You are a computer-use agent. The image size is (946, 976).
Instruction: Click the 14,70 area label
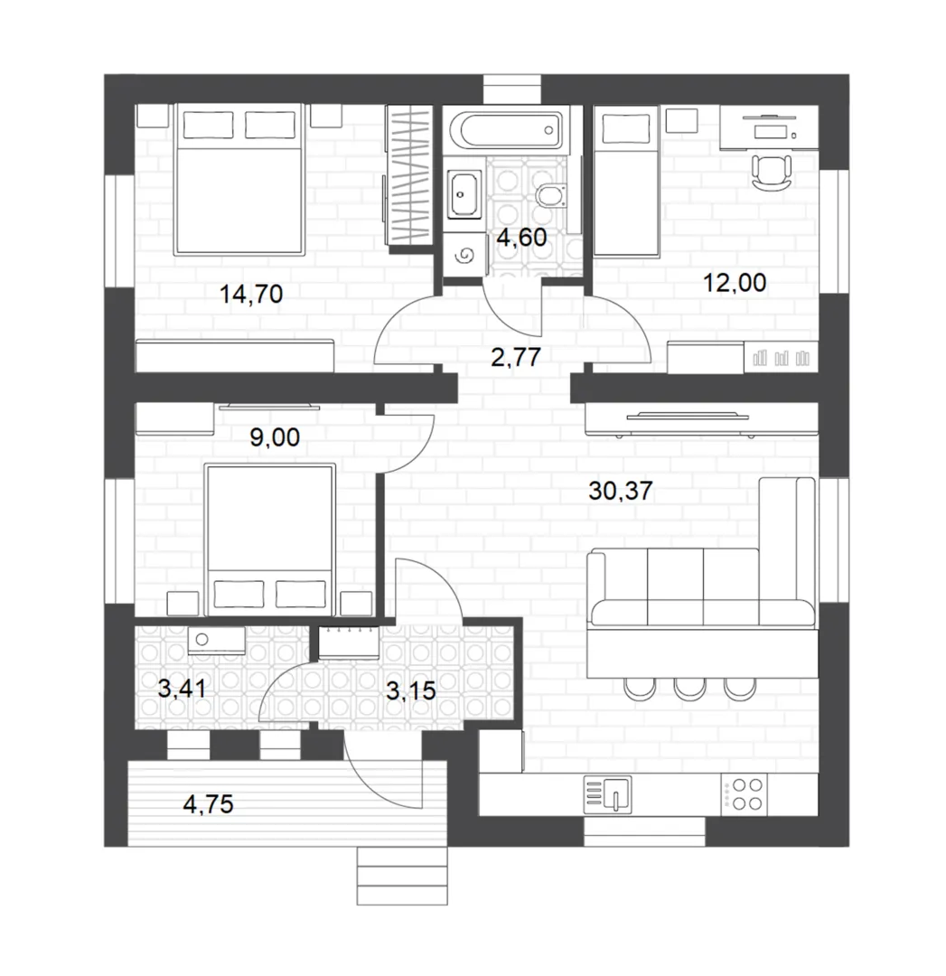(251, 294)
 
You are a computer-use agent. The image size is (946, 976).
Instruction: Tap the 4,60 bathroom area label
(521, 237)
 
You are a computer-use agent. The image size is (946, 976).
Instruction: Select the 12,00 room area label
(735, 283)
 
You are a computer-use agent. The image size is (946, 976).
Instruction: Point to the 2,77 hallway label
(516, 357)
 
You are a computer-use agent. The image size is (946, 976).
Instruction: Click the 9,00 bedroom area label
(275, 437)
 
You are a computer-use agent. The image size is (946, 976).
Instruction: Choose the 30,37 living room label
(621, 491)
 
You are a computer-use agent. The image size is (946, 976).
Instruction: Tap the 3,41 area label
(182, 689)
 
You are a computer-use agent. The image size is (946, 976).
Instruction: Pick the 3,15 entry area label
(411, 691)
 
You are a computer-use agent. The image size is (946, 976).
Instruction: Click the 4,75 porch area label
(208, 804)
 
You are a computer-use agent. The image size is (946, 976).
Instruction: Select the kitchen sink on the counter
(607, 795)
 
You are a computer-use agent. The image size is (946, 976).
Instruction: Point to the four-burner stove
(745, 794)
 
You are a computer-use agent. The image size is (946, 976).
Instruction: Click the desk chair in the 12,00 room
(772, 173)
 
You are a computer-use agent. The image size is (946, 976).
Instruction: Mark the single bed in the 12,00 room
(626, 181)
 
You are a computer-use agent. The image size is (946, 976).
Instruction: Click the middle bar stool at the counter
(689, 687)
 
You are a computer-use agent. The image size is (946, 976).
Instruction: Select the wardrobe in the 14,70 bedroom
(408, 175)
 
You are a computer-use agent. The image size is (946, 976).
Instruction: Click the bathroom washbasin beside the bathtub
(464, 195)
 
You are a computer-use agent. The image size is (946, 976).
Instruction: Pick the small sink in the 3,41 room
(216, 641)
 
